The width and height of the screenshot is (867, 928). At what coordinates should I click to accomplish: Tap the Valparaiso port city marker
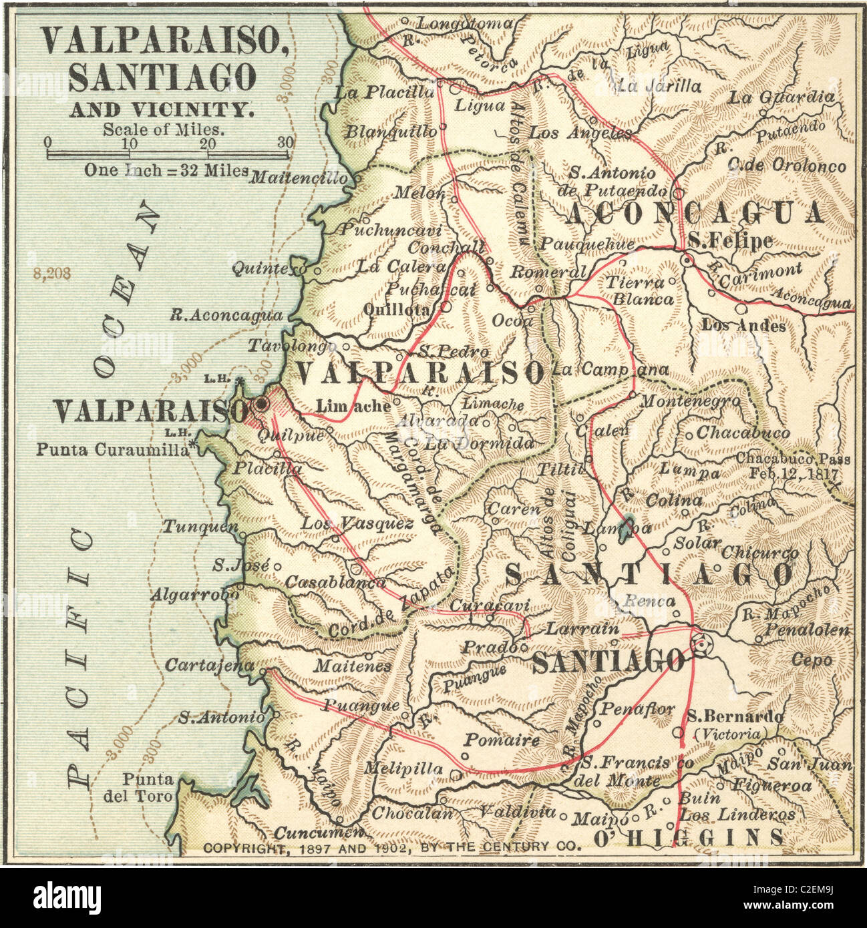pos(261,404)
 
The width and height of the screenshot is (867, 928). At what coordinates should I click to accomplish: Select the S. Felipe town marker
pos(687,260)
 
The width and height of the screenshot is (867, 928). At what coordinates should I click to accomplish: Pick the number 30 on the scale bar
pos(285,142)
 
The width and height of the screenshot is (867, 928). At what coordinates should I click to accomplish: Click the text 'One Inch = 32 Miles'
pos(166,170)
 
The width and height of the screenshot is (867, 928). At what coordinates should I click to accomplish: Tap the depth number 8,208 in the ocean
pos(51,274)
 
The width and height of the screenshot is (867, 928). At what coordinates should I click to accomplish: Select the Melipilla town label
pos(403,768)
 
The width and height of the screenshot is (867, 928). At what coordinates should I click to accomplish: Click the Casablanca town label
pos(335,582)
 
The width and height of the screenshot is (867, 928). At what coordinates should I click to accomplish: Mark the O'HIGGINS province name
pos(689,837)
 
